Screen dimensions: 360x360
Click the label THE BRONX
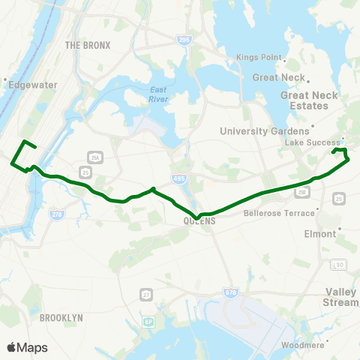(x=88, y=46)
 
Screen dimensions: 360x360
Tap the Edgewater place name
(x=32, y=85)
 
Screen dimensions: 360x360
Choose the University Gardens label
(x=264, y=131)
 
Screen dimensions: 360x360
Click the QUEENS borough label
(x=199, y=221)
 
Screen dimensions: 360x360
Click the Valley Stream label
(x=342, y=297)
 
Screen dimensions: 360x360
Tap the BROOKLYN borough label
(x=61, y=318)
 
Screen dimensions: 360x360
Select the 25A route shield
(x=94, y=157)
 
